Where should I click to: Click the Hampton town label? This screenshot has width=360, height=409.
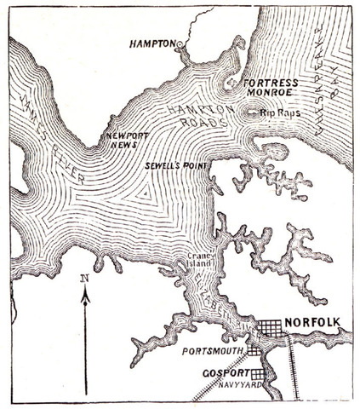tap(154, 42)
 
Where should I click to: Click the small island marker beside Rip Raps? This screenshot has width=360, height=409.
tap(250, 112)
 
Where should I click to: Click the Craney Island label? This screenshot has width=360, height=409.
tap(199, 261)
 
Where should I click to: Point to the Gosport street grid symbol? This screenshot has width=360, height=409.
tap(258, 373)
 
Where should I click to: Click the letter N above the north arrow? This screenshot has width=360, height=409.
tap(83, 277)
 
